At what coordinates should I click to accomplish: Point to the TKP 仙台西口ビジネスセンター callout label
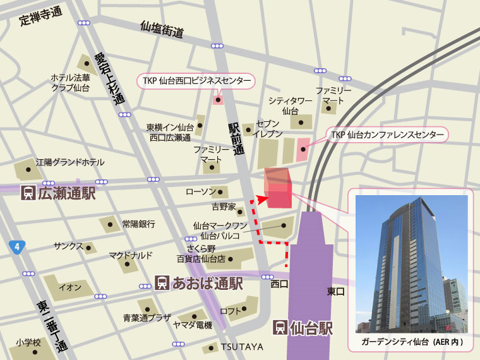coord(196,81)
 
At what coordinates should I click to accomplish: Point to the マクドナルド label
coord(131,255)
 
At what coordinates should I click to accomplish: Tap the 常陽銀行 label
coord(138,224)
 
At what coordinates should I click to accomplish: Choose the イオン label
coord(69,287)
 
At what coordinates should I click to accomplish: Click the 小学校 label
coord(28,342)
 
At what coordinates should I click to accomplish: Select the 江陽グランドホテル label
coord(70,162)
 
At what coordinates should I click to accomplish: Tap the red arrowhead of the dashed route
coord(263,196)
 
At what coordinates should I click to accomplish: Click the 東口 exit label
coord(335,291)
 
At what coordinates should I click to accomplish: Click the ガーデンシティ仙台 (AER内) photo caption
coord(412,342)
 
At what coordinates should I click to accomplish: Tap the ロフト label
coord(229,311)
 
